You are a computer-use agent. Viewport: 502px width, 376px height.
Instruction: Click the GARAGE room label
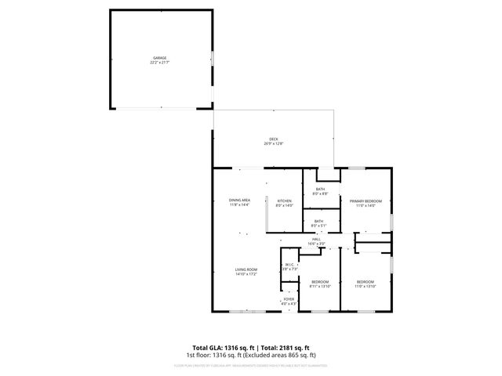click(x=160, y=57)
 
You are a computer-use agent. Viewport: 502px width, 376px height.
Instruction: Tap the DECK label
click(x=274, y=139)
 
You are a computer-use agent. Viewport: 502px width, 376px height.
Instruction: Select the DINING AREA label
click(x=240, y=201)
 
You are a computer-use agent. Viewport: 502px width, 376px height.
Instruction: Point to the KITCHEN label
click(x=285, y=201)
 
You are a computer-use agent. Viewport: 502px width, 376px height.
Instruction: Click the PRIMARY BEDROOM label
click(x=366, y=201)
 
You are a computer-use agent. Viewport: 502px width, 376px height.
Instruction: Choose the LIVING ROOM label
click(x=246, y=269)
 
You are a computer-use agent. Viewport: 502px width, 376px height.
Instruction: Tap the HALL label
click(x=317, y=239)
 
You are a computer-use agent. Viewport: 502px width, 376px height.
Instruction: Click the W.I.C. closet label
click(x=289, y=265)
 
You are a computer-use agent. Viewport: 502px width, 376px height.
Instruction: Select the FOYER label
click(x=289, y=298)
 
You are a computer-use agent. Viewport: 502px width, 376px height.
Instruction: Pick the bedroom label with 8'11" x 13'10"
click(x=320, y=281)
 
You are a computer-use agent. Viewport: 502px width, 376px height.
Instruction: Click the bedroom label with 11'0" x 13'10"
click(x=366, y=281)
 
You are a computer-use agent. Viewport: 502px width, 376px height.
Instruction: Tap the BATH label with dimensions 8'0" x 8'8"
click(x=320, y=189)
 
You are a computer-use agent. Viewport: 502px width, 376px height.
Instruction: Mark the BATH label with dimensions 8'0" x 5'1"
click(x=319, y=221)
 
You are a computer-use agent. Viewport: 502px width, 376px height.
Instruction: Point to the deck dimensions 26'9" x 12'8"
click(x=274, y=144)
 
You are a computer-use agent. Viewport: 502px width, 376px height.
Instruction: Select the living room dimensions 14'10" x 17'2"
click(x=246, y=274)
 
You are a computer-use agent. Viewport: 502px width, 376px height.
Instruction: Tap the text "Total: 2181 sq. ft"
click(x=284, y=347)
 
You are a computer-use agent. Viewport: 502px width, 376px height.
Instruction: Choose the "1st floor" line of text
click(x=251, y=355)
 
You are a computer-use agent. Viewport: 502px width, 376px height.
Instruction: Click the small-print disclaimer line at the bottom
click(x=251, y=365)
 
